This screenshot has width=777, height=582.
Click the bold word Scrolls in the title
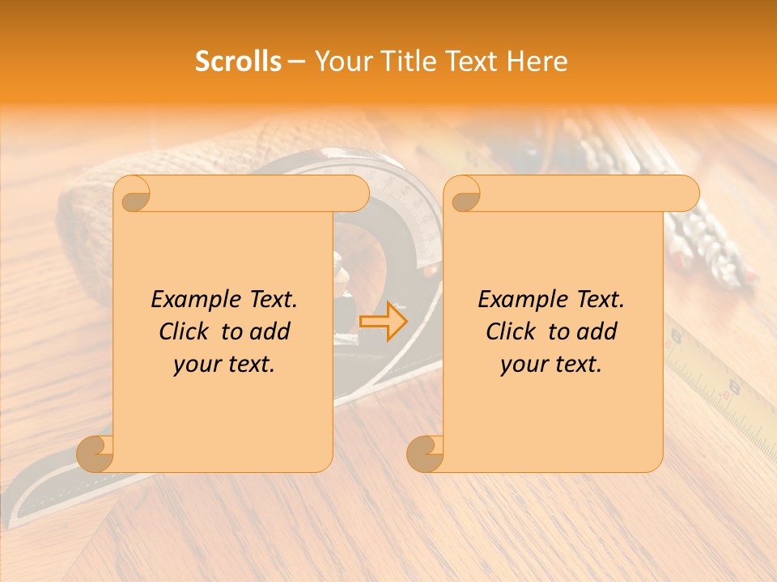coord(238,61)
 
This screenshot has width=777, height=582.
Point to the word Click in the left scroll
coord(187,331)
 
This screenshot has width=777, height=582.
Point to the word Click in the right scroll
coord(514,331)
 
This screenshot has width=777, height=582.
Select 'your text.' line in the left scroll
coord(224,365)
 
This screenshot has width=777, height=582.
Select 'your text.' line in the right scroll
coord(551,365)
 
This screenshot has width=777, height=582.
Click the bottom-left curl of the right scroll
coord(425,453)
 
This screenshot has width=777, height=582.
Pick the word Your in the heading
coord(341,61)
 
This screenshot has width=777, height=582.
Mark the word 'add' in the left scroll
coord(270,331)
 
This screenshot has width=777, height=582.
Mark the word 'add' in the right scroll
coord(597,331)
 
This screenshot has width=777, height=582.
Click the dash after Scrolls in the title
coord(296,61)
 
